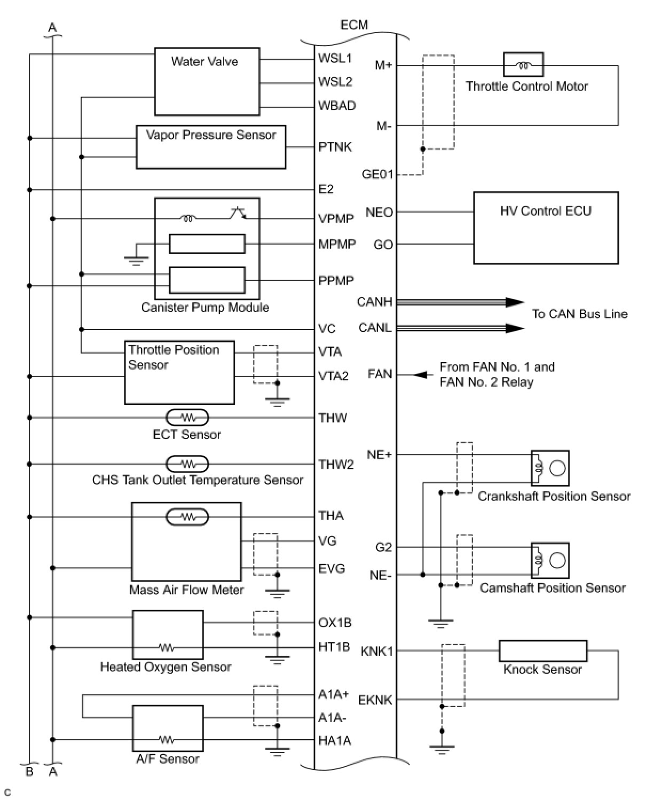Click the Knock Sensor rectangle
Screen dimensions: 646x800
tap(543, 650)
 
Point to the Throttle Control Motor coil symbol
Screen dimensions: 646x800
tap(523, 65)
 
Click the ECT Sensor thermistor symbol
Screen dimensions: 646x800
tap(187, 417)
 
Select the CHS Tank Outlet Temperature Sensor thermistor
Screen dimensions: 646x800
tap(187, 464)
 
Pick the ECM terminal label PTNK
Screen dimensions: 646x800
tap(335, 146)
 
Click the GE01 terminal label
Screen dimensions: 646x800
tap(377, 174)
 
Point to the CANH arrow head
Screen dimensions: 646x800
tap(515, 302)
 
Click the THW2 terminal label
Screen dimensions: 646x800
tap(336, 464)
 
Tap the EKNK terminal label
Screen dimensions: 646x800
tap(375, 700)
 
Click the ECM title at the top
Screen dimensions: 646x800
tap(354, 25)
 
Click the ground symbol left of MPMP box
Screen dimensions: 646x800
tap(136, 260)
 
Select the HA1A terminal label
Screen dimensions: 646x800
tap(335, 740)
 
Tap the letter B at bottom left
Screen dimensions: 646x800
tap(29, 772)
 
